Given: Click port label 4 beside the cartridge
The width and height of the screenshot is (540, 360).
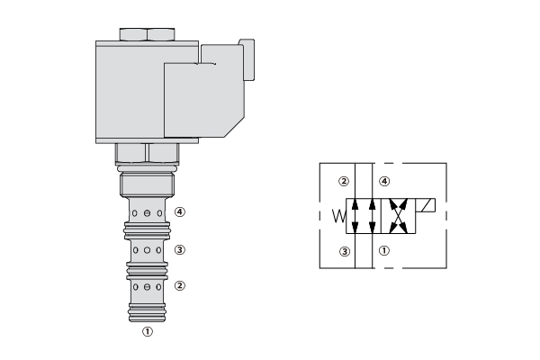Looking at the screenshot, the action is (x=180, y=211).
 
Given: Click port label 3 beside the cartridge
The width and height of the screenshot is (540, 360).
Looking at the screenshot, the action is (x=180, y=250).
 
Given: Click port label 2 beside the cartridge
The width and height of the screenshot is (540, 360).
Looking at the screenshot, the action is (x=180, y=285).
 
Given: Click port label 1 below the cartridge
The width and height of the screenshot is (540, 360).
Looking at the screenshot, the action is (x=148, y=331).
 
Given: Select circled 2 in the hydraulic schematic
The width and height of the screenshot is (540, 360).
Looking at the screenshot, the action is (x=344, y=181).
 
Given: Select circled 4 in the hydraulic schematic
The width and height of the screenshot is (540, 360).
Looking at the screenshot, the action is (x=384, y=181).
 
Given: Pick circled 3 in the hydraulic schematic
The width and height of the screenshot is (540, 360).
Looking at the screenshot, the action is (x=345, y=251).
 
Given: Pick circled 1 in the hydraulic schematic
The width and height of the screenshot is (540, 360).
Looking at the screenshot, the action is (x=384, y=250).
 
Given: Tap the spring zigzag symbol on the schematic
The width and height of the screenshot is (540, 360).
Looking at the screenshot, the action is (x=339, y=216).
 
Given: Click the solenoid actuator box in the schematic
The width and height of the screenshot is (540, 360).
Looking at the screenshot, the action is (x=426, y=205).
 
